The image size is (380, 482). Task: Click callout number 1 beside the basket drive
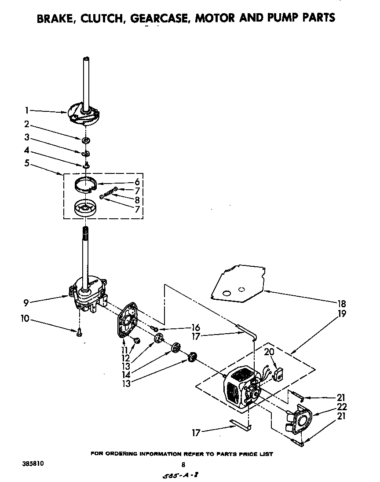point(27,110)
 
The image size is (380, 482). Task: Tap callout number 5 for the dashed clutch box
point(27,163)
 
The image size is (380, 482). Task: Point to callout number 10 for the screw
point(26,318)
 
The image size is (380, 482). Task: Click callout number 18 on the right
point(342,304)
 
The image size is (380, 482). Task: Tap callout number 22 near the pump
point(342,407)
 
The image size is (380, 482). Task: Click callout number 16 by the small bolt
point(195,327)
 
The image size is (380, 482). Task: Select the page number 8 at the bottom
point(183,464)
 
